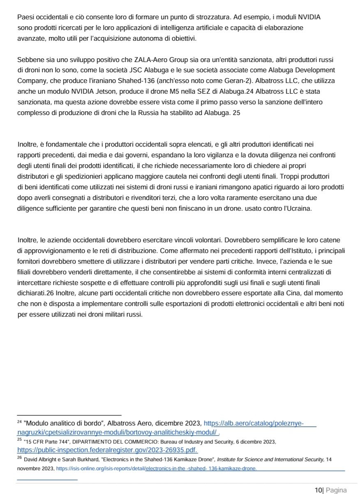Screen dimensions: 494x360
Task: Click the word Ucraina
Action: pyautogui.click(x=300, y=208)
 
